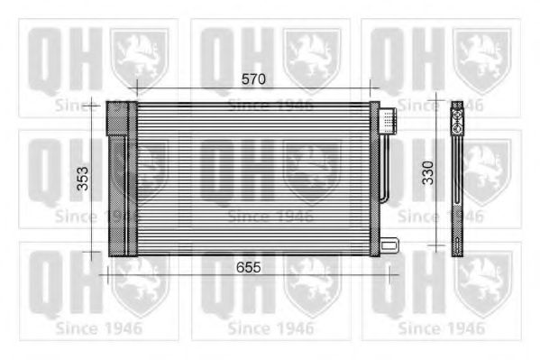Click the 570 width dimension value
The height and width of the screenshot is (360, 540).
[253, 79]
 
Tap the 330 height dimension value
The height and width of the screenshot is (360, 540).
[428, 171]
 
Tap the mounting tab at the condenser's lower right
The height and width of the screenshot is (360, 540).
[389, 243]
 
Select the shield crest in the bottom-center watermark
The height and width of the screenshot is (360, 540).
[311, 282]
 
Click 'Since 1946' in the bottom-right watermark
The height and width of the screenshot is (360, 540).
[441, 328]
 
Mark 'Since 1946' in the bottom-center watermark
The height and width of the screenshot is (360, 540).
[270, 328]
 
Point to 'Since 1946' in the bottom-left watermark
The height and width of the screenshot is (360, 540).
[98, 328]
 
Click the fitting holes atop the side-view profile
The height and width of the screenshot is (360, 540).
[456, 110]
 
